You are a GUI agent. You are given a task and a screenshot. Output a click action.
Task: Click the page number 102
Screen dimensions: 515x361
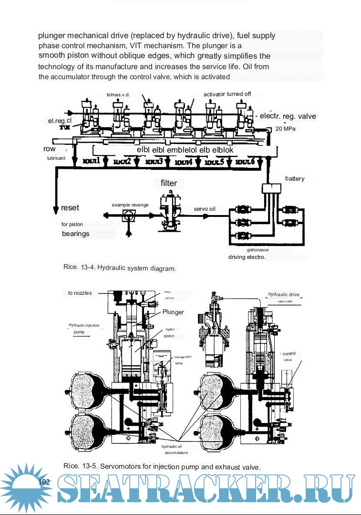pyautogui.click(x=44, y=483)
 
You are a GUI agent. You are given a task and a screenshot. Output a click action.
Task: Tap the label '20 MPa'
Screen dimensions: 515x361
pyautogui.click(x=285, y=129)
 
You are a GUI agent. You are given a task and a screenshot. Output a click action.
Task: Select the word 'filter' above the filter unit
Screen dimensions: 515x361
pyautogui.click(x=169, y=183)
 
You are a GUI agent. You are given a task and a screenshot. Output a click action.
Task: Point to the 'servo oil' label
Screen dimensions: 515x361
pyautogui.click(x=205, y=209)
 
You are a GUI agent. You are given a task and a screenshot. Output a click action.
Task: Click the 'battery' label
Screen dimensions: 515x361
pyautogui.click(x=295, y=179)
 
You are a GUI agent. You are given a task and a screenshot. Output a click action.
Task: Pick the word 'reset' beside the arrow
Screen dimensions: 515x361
pyautogui.click(x=70, y=208)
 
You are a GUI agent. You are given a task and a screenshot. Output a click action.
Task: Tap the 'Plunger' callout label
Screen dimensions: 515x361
pyautogui.click(x=173, y=312)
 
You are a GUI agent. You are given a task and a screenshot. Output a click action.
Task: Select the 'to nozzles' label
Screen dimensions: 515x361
pyautogui.click(x=80, y=293)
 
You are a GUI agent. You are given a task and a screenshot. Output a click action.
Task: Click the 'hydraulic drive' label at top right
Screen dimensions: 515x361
pyautogui.click(x=284, y=294)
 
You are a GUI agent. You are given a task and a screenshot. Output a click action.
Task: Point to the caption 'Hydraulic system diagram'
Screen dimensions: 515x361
pyautogui.click(x=137, y=268)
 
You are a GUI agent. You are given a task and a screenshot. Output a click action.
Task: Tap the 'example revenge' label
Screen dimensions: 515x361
pyautogui.click(x=130, y=205)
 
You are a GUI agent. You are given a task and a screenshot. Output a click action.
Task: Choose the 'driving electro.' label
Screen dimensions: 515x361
pyautogui.click(x=247, y=257)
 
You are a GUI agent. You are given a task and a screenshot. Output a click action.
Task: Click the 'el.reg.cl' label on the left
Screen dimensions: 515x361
pyautogui.click(x=60, y=121)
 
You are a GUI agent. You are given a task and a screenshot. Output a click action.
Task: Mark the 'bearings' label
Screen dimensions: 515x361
pyautogui.click(x=75, y=234)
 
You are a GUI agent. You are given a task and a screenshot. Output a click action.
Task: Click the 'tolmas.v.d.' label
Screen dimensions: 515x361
pyautogui.click(x=118, y=94)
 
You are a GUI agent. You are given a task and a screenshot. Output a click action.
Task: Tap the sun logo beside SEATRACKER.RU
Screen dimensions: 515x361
pyautogui.click(x=23, y=486)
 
